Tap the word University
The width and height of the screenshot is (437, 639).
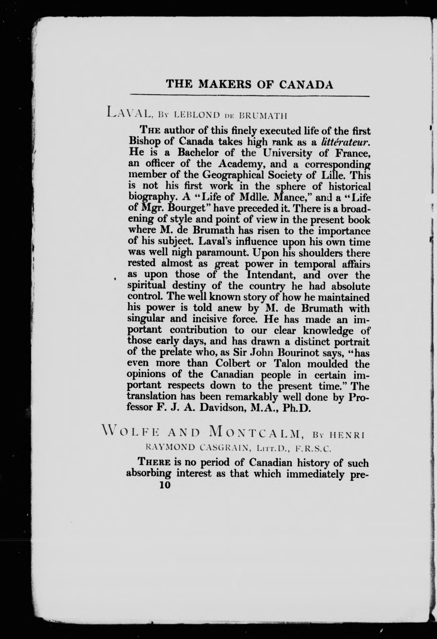[x=287, y=153]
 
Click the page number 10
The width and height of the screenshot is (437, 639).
[x=165, y=485]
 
